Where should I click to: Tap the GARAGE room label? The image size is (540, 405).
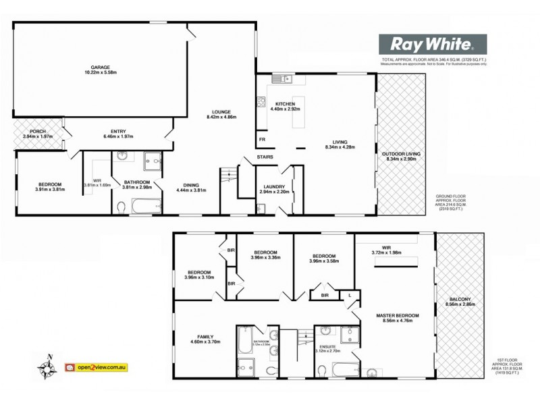pyautogui.click(x=101, y=67)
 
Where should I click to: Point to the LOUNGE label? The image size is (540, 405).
pyautogui.click(x=221, y=112)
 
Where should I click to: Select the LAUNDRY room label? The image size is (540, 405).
pyautogui.click(x=274, y=187)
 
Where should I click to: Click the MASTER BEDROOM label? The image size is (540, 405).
pyautogui.click(x=398, y=315)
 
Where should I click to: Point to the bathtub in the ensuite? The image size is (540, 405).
pyautogui.click(x=346, y=370)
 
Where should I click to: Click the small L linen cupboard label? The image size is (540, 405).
pyautogui.click(x=350, y=294)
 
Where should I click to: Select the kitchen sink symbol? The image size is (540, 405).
pyautogui.click(x=281, y=80)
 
